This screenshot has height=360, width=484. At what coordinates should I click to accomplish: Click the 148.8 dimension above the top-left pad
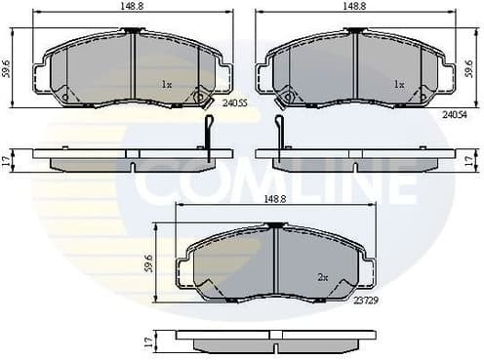coord(131,6)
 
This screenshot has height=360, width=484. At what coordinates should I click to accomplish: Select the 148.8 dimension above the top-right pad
coord(354,6)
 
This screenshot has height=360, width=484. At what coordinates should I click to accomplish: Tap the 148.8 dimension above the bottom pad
coord(273,198)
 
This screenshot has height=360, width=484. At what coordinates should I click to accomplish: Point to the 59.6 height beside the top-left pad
coord(8,68)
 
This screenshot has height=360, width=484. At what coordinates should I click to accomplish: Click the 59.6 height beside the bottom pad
coord(149,263)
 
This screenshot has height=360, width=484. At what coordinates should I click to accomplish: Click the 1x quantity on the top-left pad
coord(167,85)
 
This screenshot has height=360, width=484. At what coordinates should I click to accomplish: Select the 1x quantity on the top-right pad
coord(398,85)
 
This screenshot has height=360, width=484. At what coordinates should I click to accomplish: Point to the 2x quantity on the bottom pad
coord(321,277)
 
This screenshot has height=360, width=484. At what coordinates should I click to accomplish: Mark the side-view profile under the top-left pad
coord(132,159)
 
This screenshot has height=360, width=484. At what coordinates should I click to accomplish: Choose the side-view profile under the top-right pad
coord(354,159)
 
